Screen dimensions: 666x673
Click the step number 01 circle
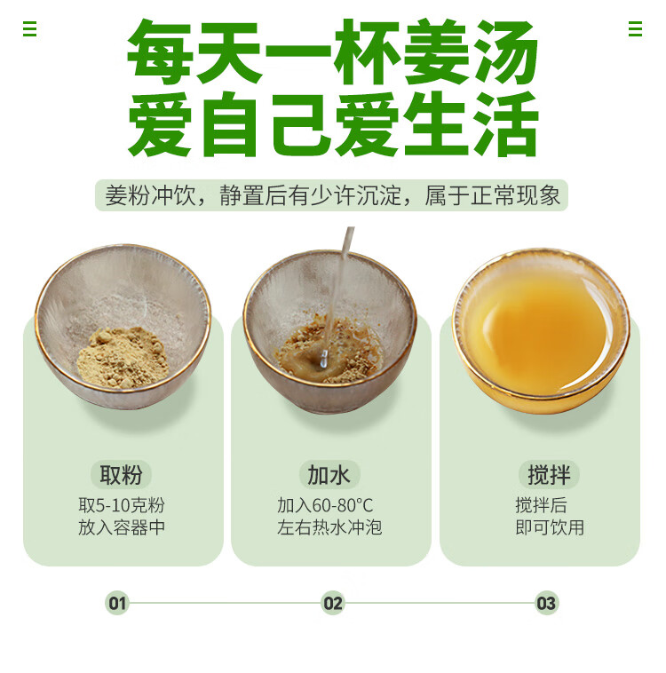pyautogui.click(x=117, y=603)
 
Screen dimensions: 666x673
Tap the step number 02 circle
pyautogui.click(x=333, y=603)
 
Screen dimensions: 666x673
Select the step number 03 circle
pyautogui.click(x=546, y=603)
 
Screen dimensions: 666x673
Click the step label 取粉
pyautogui.click(x=121, y=475)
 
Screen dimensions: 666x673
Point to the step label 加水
pyautogui.click(x=329, y=475)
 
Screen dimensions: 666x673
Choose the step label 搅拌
pyautogui.click(x=549, y=475)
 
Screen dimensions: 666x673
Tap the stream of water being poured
pyautogui.click(x=337, y=297)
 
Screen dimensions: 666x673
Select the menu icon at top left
pyautogui.click(x=29, y=29)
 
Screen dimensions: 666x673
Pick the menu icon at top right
pyautogui.click(x=635, y=29)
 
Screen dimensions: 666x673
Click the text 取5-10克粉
pyautogui.click(x=122, y=505)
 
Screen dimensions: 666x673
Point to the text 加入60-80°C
pyautogui.click(x=325, y=505)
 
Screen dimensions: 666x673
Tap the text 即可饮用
pyautogui.click(x=550, y=527)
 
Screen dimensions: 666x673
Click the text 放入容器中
pyautogui.click(x=122, y=527)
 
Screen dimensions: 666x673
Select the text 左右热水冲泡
pyautogui.click(x=329, y=527)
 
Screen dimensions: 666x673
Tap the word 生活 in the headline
pyautogui.click(x=471, y=123)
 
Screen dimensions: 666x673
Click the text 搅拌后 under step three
pyautogui.click(x=541, y=505)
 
